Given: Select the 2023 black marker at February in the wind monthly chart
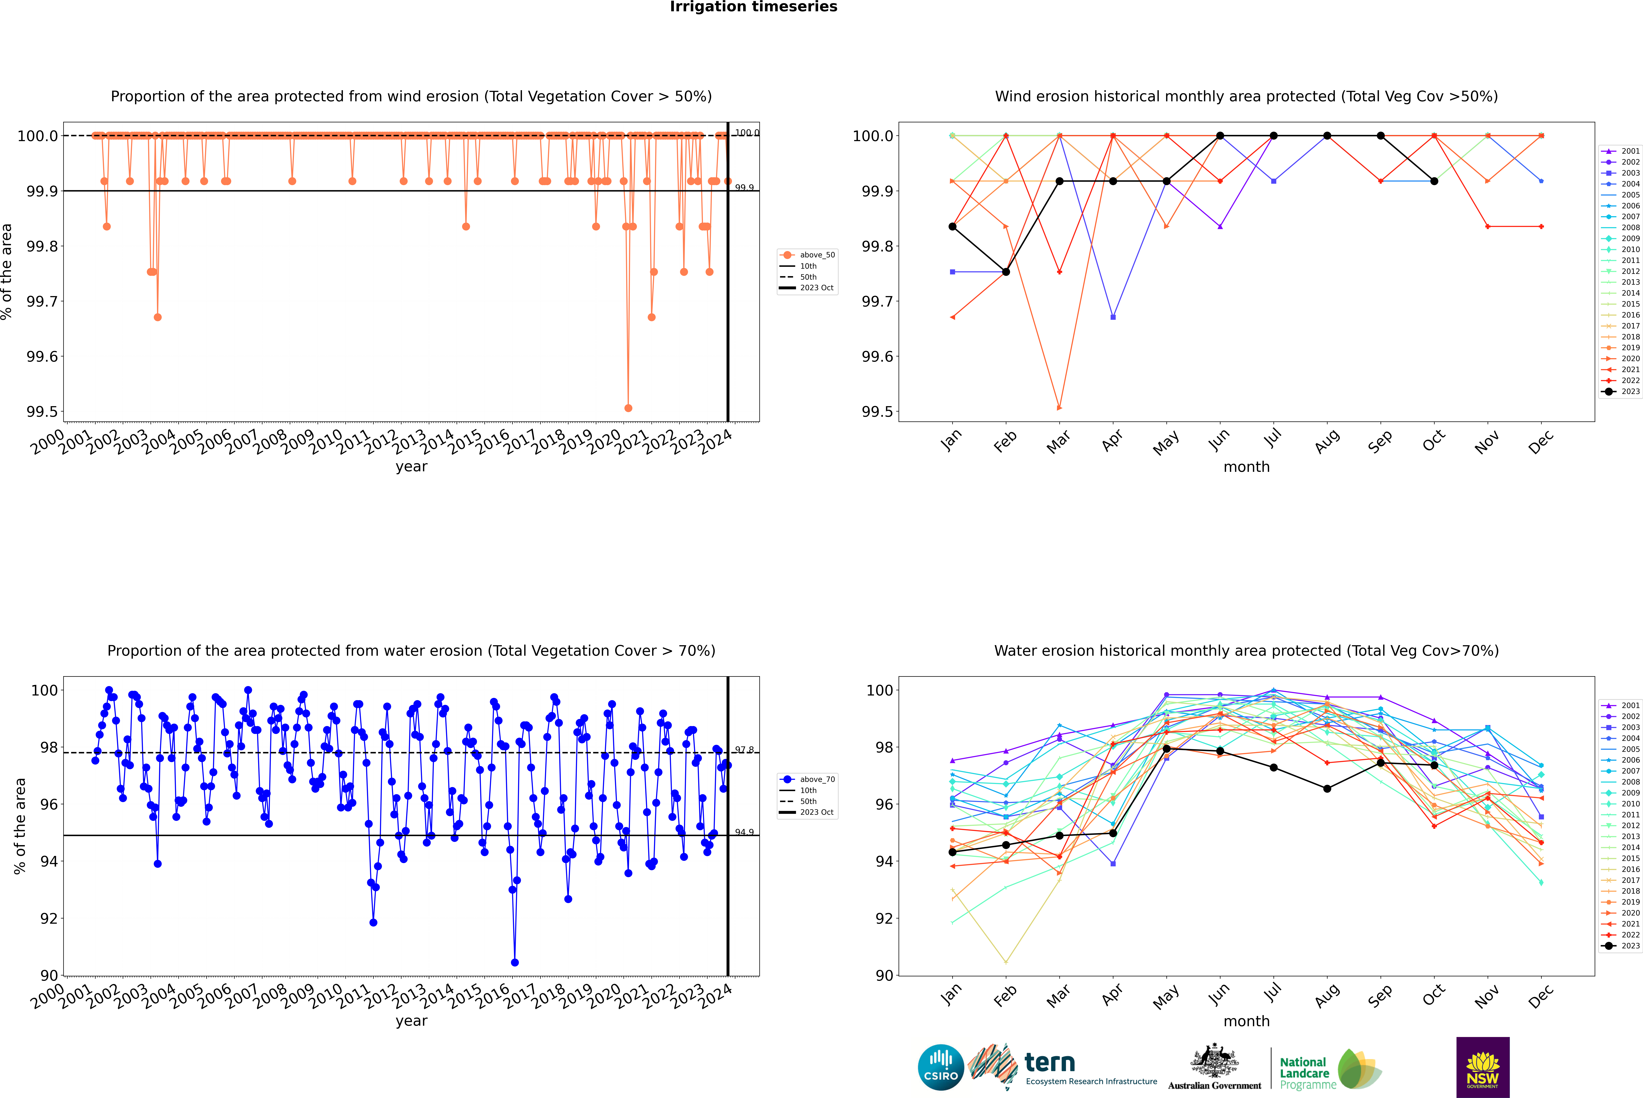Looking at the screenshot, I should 1006,272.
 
